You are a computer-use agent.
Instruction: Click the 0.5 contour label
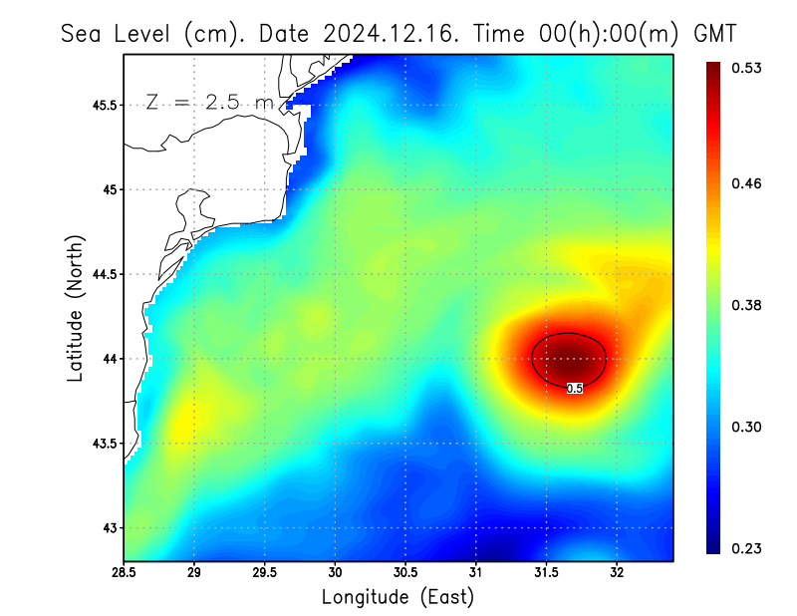tap(575, 389)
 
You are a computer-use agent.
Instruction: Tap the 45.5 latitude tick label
tap(105, 105)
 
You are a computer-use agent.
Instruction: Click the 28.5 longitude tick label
tap(124, 573)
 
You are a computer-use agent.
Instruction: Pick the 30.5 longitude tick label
tap(405, 573)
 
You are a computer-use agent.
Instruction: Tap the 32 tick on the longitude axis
tap(617, 573)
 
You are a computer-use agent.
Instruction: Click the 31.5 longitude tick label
tap(546, 573)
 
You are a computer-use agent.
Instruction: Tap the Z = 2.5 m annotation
tap(209, 102)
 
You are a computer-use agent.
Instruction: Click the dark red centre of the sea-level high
tap(569, 356)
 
